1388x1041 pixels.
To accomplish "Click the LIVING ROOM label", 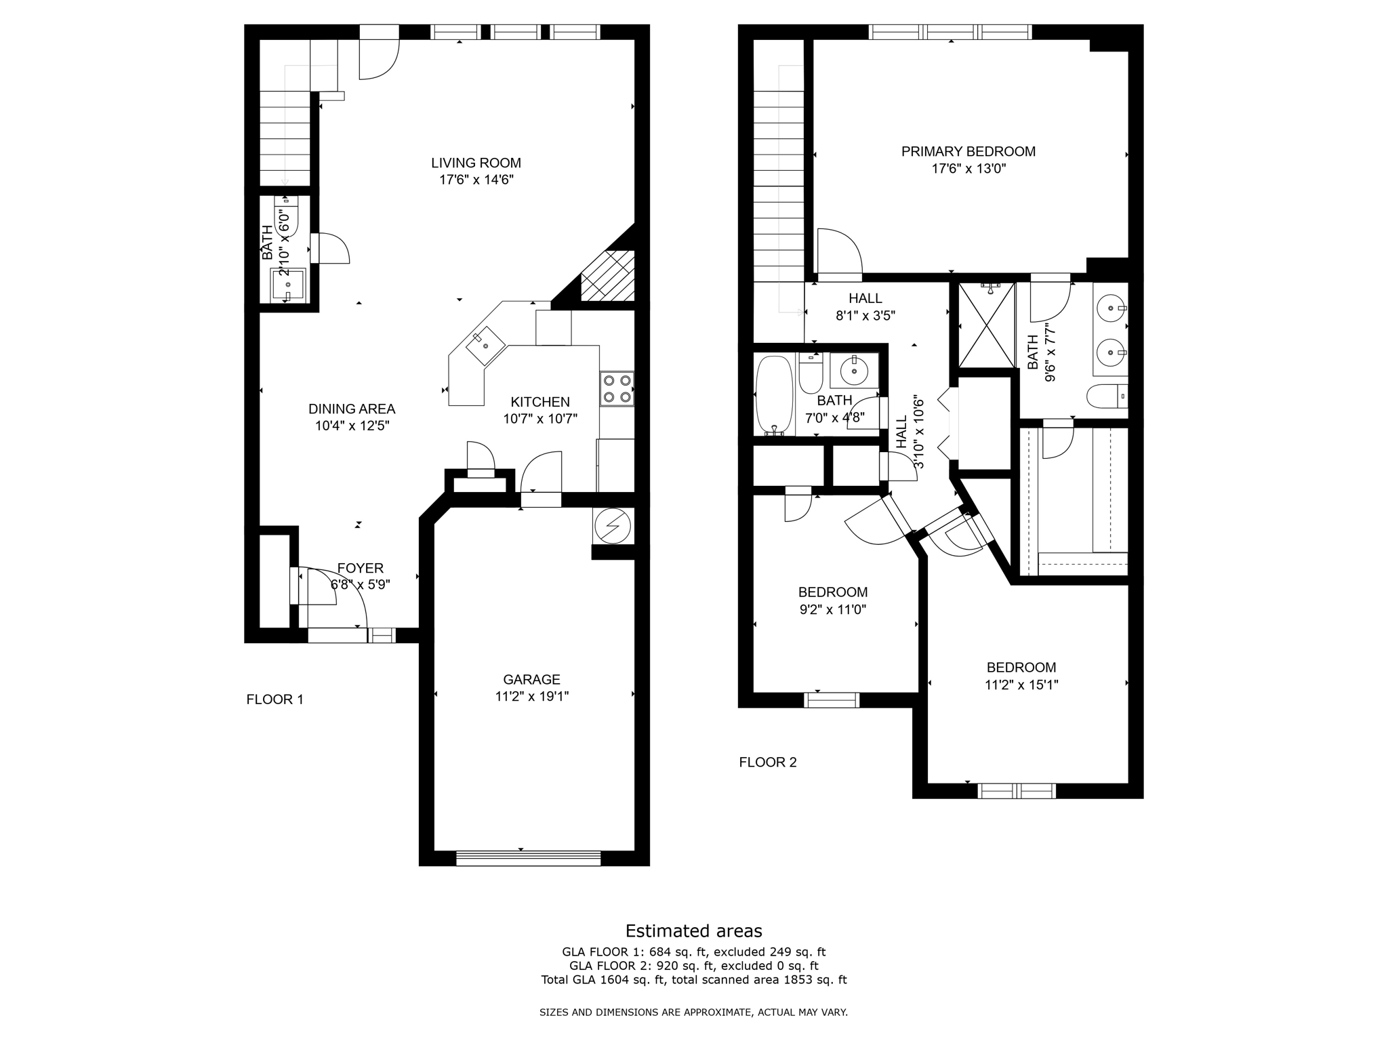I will pos(476,163).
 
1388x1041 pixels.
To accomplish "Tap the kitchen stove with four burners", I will pos(616,389).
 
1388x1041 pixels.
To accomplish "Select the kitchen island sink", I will pos(485,342).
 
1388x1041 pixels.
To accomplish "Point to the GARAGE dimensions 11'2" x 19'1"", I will pos(531,696).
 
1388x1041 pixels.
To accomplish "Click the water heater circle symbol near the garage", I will pos(612,526).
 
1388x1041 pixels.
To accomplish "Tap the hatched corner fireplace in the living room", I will pos(609,276).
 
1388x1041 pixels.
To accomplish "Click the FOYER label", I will pos(360,568).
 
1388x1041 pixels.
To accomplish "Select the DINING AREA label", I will pos(351,409).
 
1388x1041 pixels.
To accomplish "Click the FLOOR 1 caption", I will pos(274,699).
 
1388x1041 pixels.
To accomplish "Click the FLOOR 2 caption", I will pos(767,762).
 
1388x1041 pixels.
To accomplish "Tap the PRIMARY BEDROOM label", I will pos(968,152).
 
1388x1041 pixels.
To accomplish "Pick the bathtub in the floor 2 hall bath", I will pos(774,395).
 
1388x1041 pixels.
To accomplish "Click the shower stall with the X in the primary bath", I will pos(987,325).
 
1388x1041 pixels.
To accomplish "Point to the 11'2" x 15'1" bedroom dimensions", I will pos(1021,685).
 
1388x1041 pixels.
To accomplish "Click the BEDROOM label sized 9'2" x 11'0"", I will pos(832,592).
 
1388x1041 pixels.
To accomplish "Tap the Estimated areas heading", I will pos(693,931).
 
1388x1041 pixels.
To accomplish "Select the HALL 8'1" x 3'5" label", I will pos(865,298).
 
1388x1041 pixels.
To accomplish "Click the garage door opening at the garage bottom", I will pos(528,858).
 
